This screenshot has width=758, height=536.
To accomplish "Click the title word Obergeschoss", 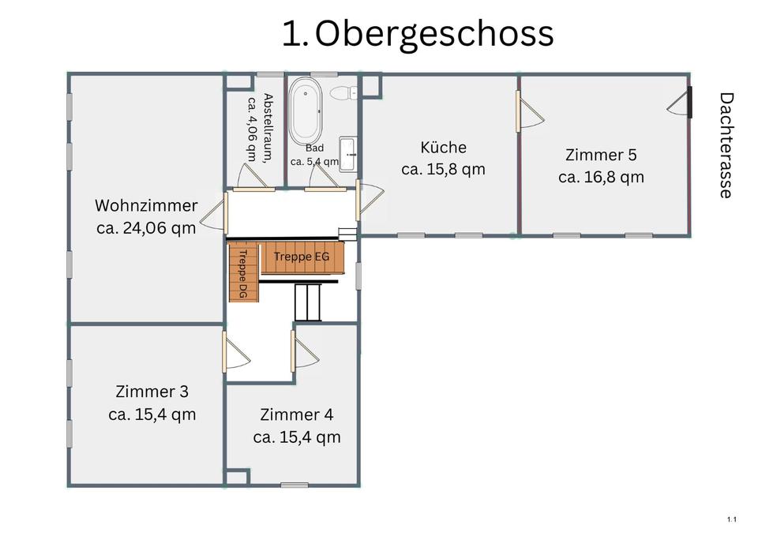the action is pyautogui.click(x=433, y=35).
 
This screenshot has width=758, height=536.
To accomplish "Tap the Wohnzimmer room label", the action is pyautogui.click(x=146, y=205).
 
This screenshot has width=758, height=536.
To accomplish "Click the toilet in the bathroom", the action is pyautogui.click(x=346, y=92).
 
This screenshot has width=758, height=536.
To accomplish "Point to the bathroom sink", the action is pyautogui.click(x=347, y=154).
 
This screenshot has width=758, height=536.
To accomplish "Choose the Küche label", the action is pyautogui.click(x=443, y=148).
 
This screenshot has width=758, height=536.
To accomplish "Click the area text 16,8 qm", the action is pyautogui.click(x=614, y=178).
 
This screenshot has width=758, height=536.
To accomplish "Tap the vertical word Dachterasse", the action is pyautogui.click(x=726, y=145).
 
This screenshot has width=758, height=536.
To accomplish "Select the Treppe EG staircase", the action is pyautogui.click(x=302, y=257).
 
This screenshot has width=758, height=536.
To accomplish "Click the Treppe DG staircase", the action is pyautogui.click(x=243, y=273).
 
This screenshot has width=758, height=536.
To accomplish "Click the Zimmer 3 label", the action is pyautogui.click(x=152, y=392).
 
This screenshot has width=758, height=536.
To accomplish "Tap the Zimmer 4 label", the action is pyautogui.click(x=296, y=414).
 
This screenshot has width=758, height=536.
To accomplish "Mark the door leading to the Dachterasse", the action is pyautogui.click(x=680, y=102).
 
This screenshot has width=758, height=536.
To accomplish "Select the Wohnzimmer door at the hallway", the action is pyautogui.click(x=214, y=212).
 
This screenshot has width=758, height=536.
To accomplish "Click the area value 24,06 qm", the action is pyautogui.click(x=159, y=228).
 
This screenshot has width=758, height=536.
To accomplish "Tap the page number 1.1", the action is pyautogui.click(x=732, y=519).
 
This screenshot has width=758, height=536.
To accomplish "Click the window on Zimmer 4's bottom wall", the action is pyautogui.click(x=295, y=485).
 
